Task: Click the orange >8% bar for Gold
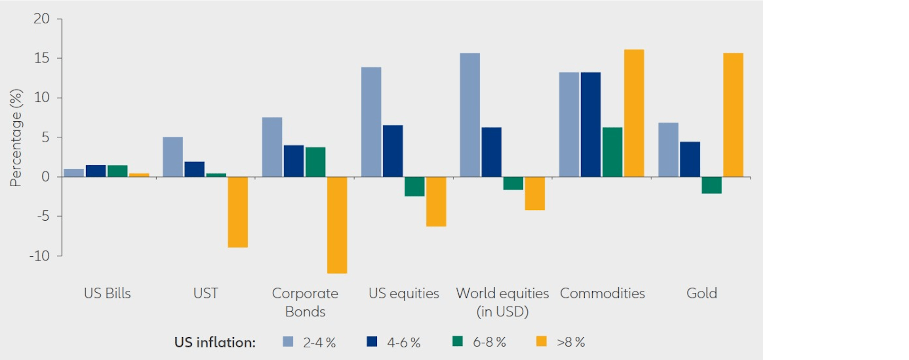pyautogui.click(x=733, y=115)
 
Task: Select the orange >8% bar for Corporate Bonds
pyautogui.click(x=337, y=225)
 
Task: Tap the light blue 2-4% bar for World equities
pyautogui.click(x=470, y=115)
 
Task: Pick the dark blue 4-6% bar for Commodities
pyautogui.click(x=590, y=125)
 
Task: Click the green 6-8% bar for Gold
pyautogui.click(x=712, y=185)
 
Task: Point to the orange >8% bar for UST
pyautogui.click(x=238, y=212)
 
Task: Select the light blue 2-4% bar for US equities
pyautogui.click(x=371, y=122)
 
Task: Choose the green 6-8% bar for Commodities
pyautogui.click(x=612, y=152)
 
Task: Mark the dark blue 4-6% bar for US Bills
pyautogui.click(x=96, y=171)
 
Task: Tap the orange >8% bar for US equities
pyautogui.click(x=436, y=202)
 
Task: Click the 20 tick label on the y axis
pyautogui.click(x=42, y=18)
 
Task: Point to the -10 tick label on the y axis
pyautogui.click(x=40, y=256)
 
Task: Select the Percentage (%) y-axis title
pyautogui.click(x=16, y=137)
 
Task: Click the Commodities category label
pyautogui.click(x=602, y=293)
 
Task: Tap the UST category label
pyautogui.click(x=205, y=293)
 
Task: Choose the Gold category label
pyautogui.click(x=702, y=293)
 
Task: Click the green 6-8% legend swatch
pyautogui.click(x=457, y=341)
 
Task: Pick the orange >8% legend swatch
pyautogui.click(x=541, y=341)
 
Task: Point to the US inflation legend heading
pyautogui.click(x=215, y=342)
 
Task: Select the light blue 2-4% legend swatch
pyautogui.click(x=288, y=341)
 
